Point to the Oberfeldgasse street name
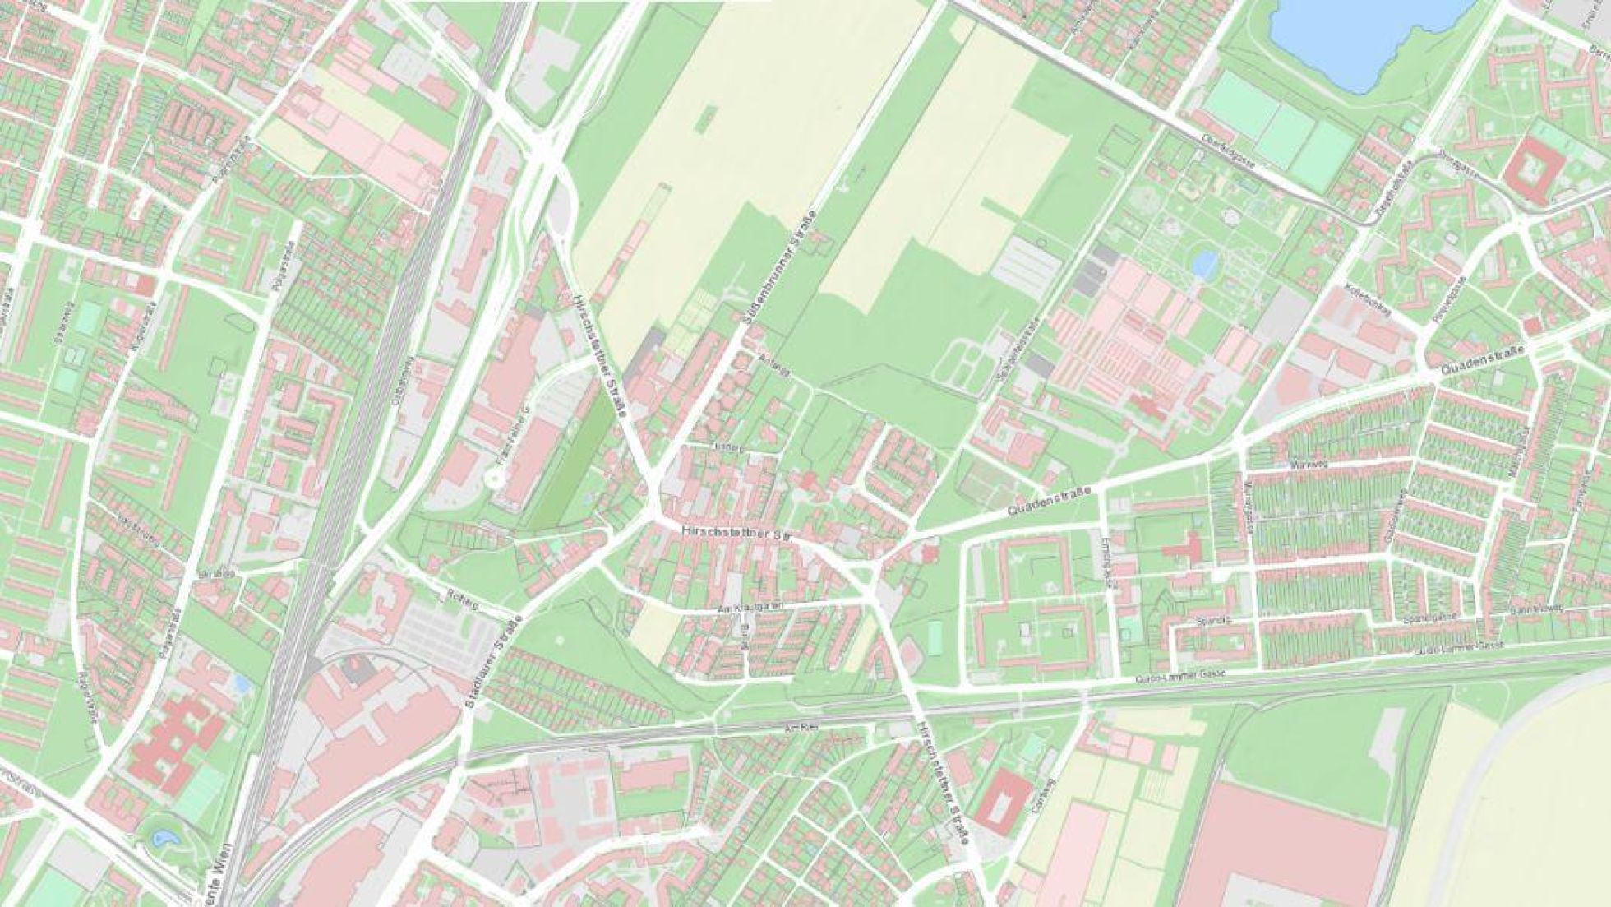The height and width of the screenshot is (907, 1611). pyautogui.click(x=1227, y=151)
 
